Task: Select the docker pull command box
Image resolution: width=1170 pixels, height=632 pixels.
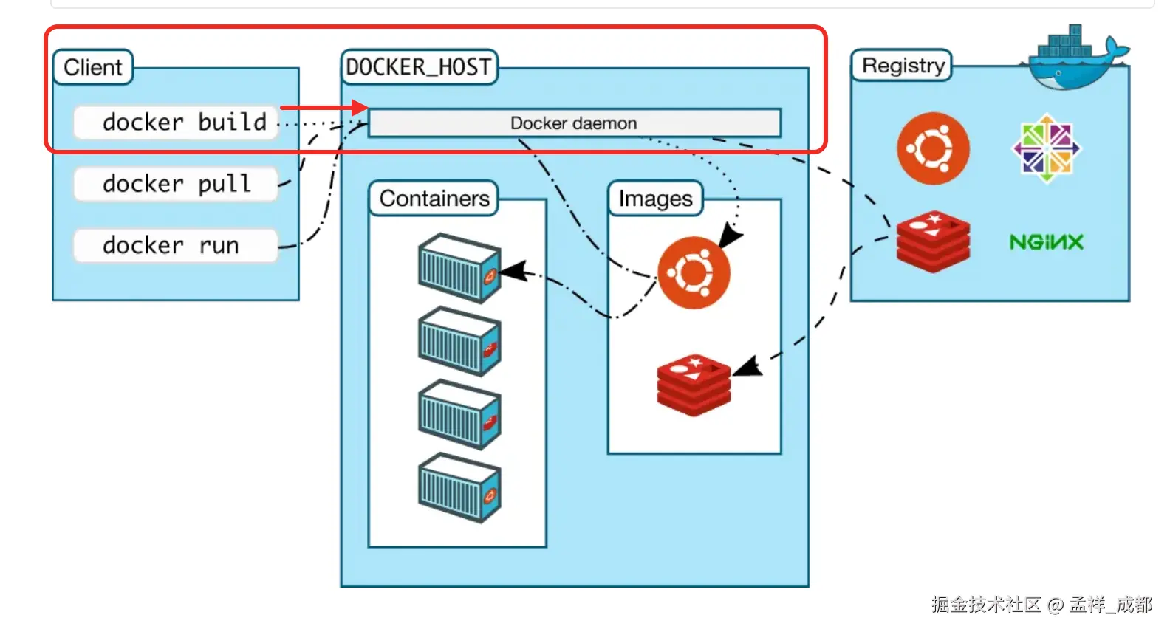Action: point(176,183)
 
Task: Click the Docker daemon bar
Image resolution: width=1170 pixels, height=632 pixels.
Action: point(574,123)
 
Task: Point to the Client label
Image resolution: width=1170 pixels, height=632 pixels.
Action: point(93,67)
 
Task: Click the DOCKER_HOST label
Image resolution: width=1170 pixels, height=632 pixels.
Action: point(419,67)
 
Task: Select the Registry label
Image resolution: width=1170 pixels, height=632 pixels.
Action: point(902,66)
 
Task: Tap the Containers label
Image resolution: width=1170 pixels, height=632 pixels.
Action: point(434,199)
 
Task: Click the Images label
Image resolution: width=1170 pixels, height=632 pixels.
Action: point(655,199)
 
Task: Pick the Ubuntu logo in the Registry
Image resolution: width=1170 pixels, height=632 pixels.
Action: point(933,148)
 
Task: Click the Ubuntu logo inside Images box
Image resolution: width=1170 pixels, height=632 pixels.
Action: point(694,272)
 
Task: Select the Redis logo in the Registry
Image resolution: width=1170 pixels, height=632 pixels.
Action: point(933,241)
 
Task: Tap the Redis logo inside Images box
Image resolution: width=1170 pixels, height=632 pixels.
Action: point(694,384)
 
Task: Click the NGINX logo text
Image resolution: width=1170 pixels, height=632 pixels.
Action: point(1046,242)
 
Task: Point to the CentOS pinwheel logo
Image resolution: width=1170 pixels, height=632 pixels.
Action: point(1046,148)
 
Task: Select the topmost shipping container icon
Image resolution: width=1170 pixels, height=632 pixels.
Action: point(459,268)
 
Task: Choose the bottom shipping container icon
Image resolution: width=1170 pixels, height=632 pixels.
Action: point(459,487)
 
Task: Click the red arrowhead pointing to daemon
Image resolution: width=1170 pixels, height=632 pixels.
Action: point(360,108)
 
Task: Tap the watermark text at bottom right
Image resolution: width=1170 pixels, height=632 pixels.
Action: point(1041,605)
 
